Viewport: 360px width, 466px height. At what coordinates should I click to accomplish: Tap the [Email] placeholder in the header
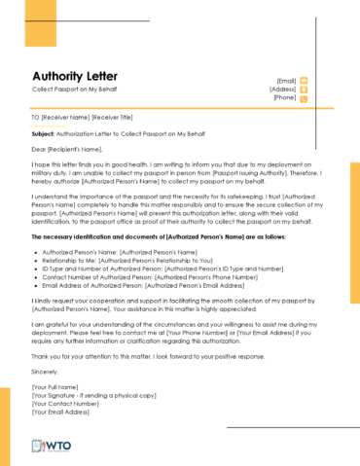pos(286,80)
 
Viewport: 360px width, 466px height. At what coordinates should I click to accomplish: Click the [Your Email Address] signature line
pos(62,412)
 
